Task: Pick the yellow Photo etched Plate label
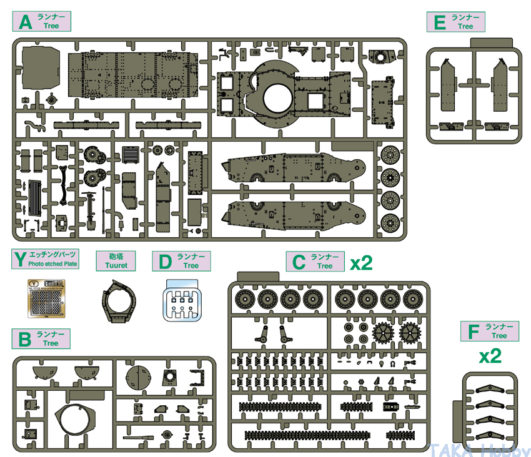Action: point(45,258)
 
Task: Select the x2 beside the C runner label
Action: point(361,262)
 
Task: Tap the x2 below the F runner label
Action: point(490,356)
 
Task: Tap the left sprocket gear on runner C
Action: point(382,333)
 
